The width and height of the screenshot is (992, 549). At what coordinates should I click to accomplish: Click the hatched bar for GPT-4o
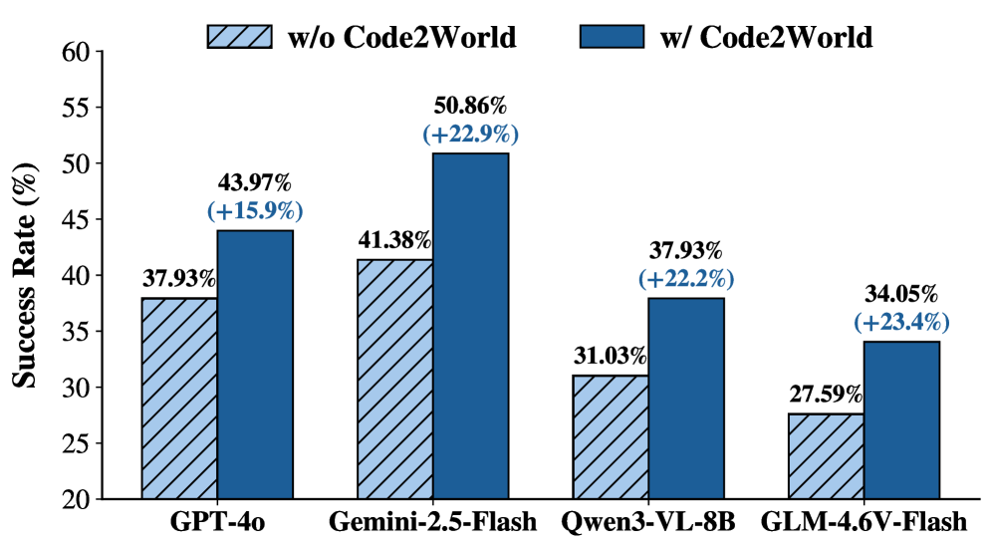click(179, 399)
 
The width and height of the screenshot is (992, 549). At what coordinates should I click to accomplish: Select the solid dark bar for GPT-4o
click(255, 365)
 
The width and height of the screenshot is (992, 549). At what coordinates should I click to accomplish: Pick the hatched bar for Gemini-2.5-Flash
click(394, 380)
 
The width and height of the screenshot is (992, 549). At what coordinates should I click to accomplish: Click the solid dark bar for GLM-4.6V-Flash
click(901, 419)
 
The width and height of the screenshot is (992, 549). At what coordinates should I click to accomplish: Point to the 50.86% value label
click(471, 106)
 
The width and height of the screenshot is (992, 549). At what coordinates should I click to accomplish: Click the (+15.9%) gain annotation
click(255, 210)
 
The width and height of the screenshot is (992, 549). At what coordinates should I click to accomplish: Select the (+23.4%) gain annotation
click(901, 321)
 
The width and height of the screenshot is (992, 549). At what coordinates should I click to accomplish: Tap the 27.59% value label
click(826, 395)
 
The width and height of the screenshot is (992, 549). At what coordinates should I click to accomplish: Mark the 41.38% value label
click(395, 240)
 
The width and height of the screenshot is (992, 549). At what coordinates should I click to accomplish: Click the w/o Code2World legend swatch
click(238, 38)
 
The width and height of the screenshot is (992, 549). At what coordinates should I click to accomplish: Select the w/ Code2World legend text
click(766, 38)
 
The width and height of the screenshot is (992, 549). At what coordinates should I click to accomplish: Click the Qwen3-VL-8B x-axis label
click(648, 523)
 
